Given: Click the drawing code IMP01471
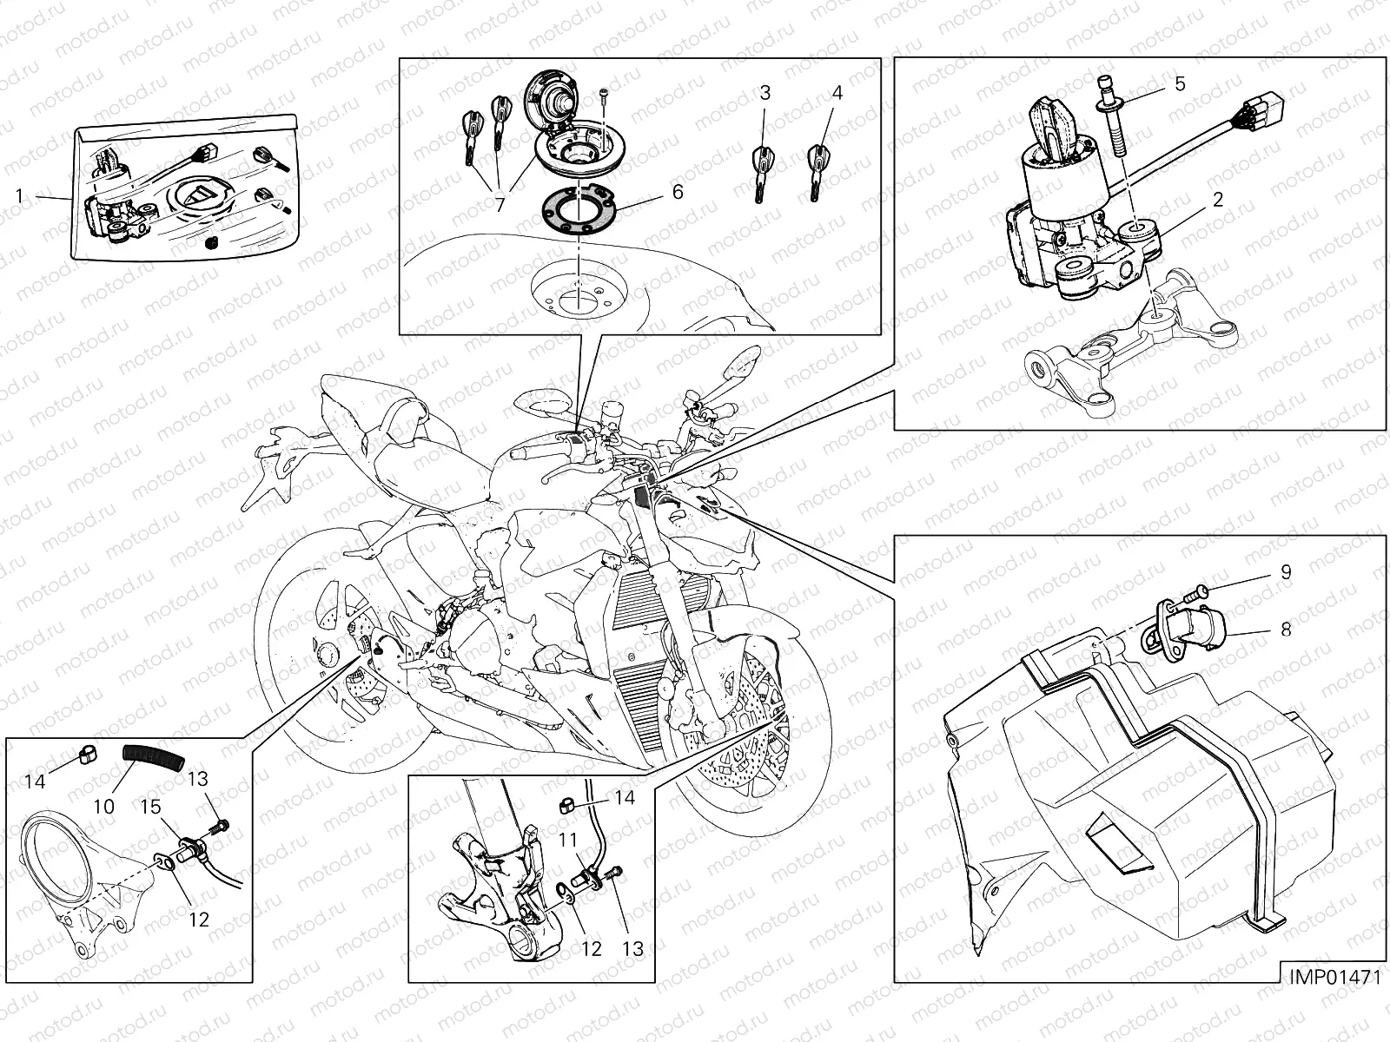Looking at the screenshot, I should [1334, 977].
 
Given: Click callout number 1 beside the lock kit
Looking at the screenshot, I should [19, 196].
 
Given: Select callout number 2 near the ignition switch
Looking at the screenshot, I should [1217, 200].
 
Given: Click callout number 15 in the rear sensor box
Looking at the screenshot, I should [150, 807].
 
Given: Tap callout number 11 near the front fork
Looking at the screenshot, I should [567, 841].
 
